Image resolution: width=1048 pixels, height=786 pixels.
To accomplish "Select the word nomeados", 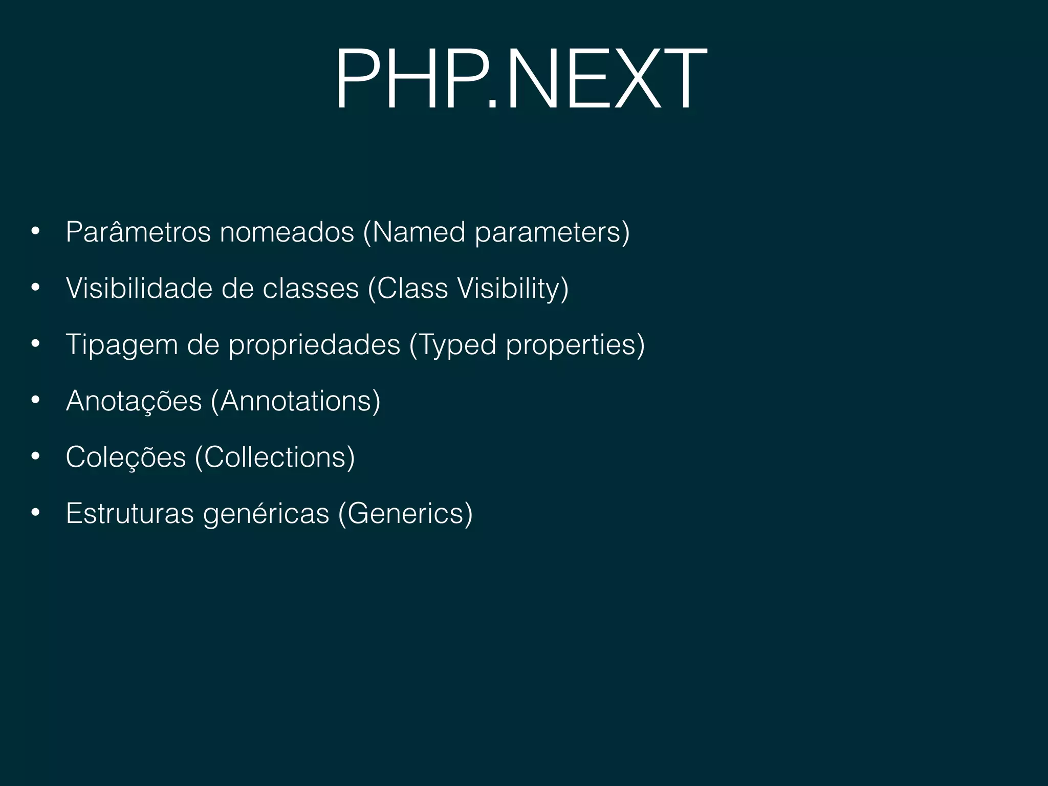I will point(287,232).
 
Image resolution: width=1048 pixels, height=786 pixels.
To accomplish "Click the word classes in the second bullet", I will point(311,289).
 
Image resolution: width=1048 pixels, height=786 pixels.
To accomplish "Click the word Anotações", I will point(134,401).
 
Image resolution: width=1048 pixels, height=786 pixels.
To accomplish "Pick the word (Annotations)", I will point(296,401).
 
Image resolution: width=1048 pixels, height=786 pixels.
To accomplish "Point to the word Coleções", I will point(126,457).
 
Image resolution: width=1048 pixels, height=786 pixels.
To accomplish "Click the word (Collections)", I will point(275,457).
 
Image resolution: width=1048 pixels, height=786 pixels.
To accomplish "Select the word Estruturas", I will point(130,513).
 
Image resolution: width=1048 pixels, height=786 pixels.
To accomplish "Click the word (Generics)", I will point(405,513).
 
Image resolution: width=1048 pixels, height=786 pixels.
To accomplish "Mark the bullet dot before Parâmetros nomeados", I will point(35,231).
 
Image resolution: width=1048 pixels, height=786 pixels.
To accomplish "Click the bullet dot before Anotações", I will point(35,400).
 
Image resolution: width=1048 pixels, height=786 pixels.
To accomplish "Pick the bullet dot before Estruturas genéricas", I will point(35,512).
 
